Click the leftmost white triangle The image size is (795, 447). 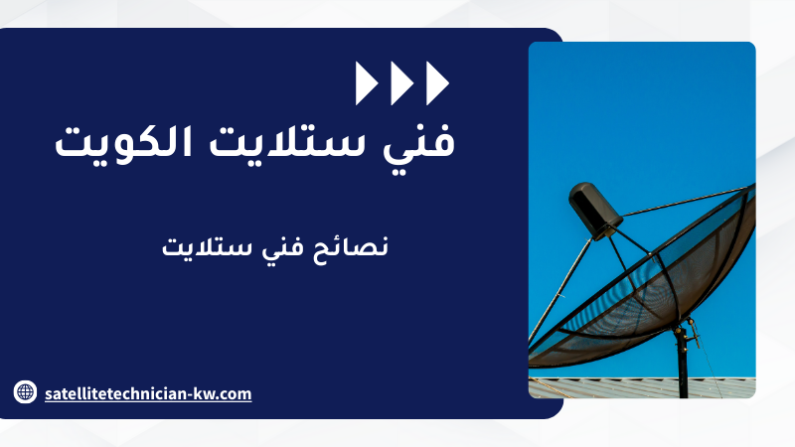point(365,83)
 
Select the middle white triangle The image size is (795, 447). point(400,83)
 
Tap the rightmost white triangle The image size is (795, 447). point(436,83)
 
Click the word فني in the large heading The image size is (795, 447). point(418,142)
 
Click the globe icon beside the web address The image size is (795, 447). point(25,391)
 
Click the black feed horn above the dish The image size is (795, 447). point(595,210)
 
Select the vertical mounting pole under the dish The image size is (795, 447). point(683,364)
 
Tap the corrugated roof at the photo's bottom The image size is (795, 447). point(642,388)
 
